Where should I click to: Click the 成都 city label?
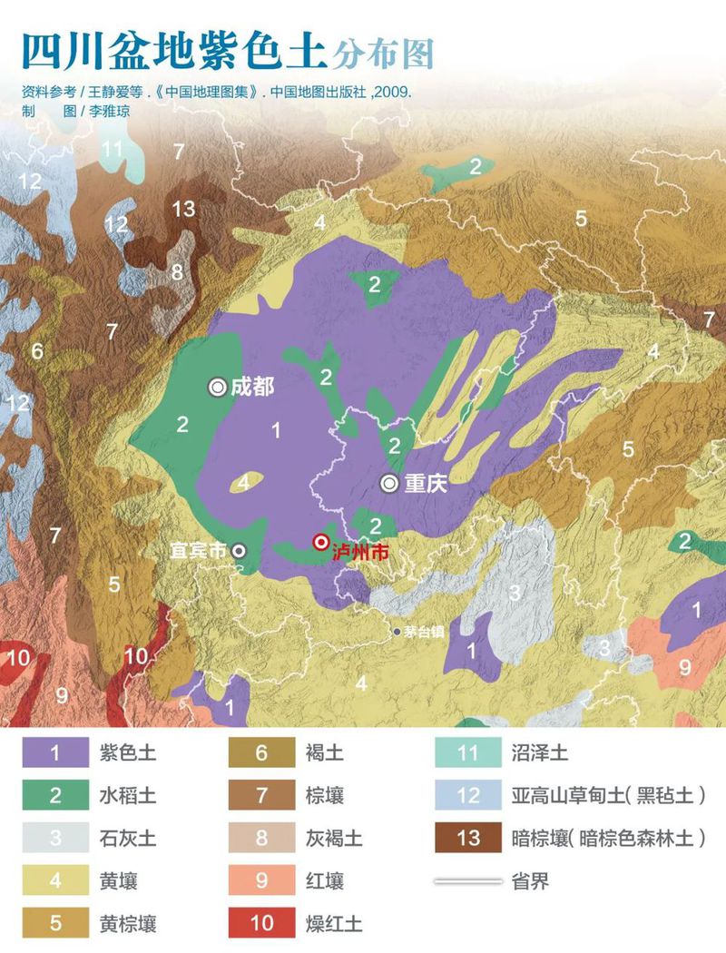click(251, 387)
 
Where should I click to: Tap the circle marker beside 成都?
click(218, 387)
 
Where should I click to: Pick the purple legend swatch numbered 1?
click(54, 753)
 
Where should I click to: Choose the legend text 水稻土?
click(127, 796)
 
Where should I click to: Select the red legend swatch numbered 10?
click(262, 923)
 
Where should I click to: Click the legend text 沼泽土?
click(539, 753)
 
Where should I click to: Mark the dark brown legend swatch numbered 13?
click(468, 838)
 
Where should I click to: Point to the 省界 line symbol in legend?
click(468, 880)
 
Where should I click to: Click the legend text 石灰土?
click(127, 838)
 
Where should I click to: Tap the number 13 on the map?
click(183, 209)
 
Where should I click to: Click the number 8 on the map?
click(177, 270)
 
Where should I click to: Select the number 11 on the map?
click(113, 149)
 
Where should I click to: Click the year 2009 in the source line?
click(395, 93)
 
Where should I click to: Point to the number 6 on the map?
click(37, 350)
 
